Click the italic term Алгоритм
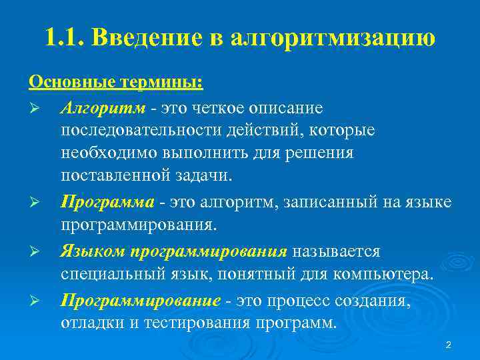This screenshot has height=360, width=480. point(97,107)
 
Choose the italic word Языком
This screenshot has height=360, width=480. point(93,252)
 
